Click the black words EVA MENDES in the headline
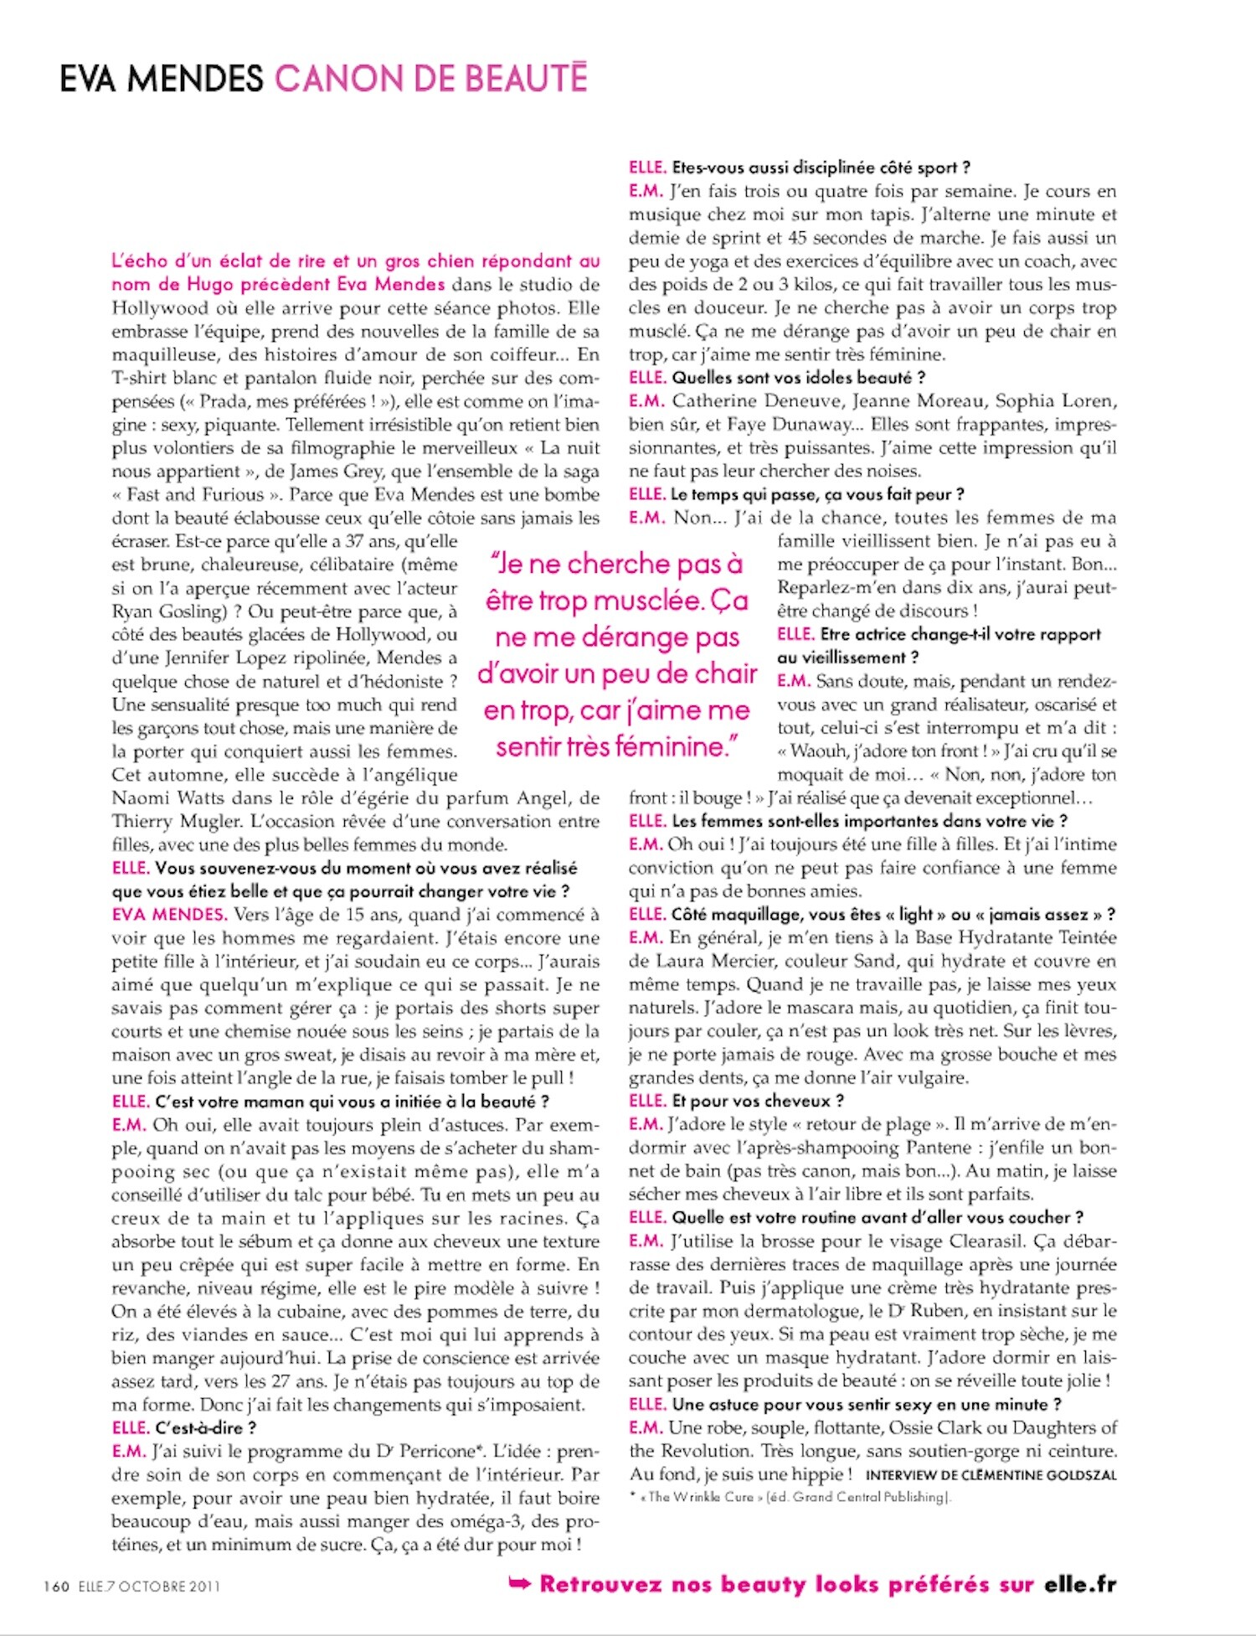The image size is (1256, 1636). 161,79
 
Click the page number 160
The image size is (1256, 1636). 57,1586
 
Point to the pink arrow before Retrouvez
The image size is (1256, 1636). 520,1583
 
